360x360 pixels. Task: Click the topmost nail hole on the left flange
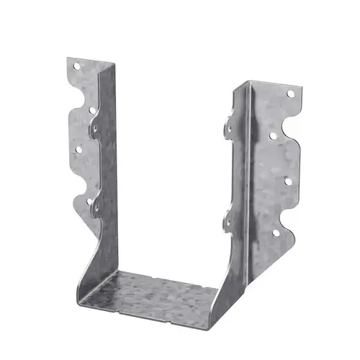pos(76,66)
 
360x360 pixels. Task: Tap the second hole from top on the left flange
pos(92,110)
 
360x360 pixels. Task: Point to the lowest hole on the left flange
pos(91,202)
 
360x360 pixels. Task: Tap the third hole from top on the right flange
pos(288,181)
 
